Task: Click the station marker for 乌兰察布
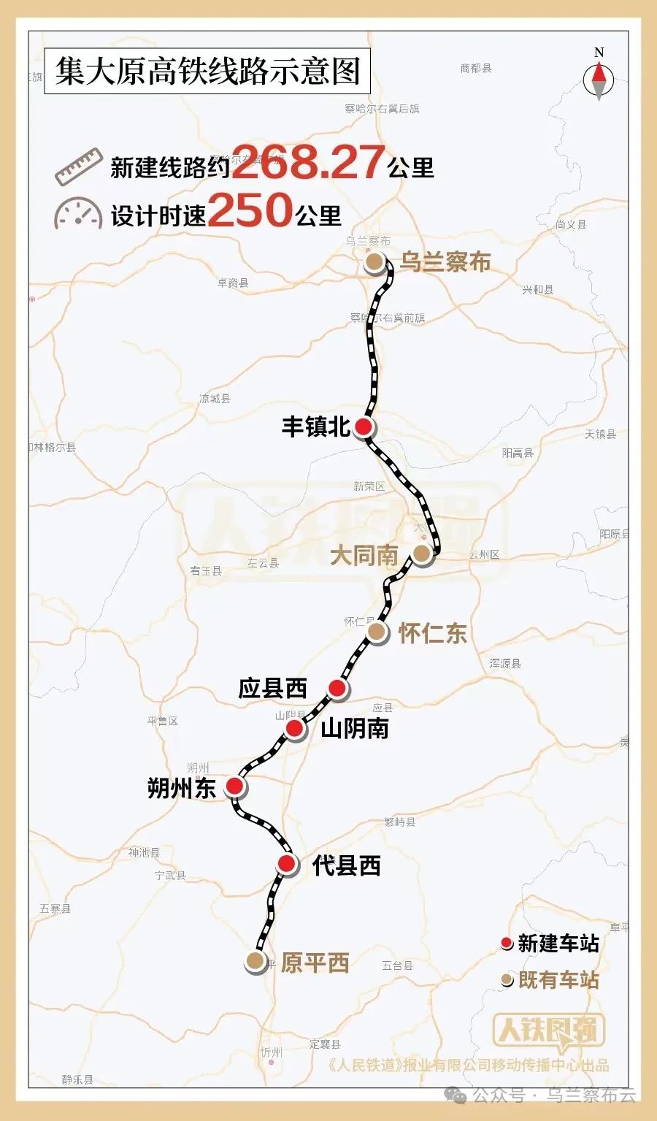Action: [374, 263]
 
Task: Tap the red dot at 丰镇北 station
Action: [364, 427]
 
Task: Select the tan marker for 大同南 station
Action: [422, 554]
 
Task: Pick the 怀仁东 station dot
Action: [376, 632]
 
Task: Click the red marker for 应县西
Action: [337, 688]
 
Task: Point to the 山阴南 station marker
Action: [294, 728]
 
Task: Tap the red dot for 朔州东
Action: [234, 786]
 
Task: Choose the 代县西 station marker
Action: [287, 865]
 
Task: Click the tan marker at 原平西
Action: [255, 961]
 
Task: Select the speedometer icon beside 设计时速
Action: [77, 213]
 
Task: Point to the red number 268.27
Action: [308, 162]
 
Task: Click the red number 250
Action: [250, 211]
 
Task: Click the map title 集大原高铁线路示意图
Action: [208, 72]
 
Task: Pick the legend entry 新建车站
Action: [551, 944]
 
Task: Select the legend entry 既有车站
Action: [551, 979]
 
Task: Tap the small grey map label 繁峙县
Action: [399, 822]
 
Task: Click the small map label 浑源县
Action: [505, 664]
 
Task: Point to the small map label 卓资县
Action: [233, 283]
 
